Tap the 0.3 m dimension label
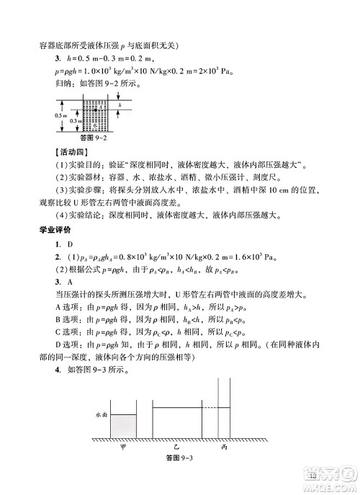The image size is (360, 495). coord(76,121)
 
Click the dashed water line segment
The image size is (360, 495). coord(207,409)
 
